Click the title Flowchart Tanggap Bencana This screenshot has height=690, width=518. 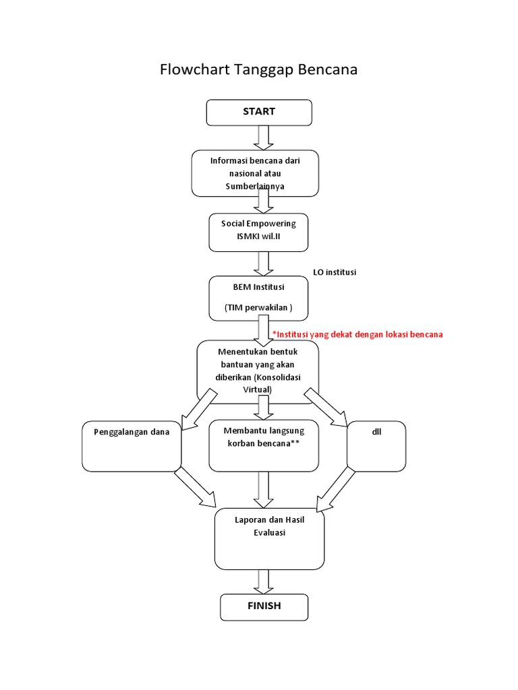pos(258,69)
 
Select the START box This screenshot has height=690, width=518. pos(259,112)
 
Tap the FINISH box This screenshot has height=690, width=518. pos(264,606)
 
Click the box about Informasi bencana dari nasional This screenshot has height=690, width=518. pos(255,173)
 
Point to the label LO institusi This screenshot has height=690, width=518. pos(335,272)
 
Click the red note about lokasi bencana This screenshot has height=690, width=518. pos(357,334)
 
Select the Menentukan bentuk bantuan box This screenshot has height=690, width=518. pos(258,371)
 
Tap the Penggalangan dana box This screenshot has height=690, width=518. pos(132,445)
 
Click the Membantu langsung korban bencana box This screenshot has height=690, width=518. pos(263,445)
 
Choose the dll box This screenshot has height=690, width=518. pos(376,445)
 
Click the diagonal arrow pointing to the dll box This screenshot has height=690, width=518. pos(326,408)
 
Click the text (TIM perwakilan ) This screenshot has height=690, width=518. pos(258,307)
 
